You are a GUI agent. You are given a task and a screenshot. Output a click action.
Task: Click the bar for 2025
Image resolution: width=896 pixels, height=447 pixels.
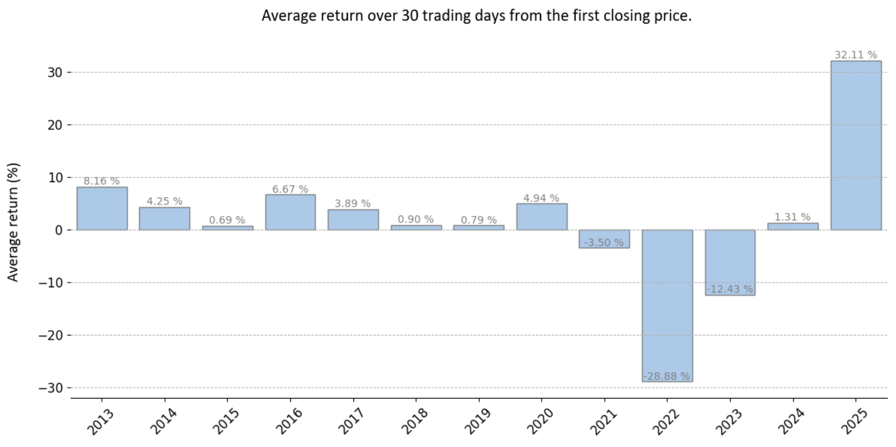click(x=856, y=146)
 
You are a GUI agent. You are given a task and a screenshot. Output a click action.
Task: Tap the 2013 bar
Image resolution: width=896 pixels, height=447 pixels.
click(x=102, y=209)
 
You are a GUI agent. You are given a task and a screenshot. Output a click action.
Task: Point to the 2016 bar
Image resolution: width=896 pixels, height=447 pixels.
click(x=290, y=212)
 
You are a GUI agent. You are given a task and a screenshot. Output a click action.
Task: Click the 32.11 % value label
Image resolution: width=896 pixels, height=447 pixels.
click(x=855, y=55)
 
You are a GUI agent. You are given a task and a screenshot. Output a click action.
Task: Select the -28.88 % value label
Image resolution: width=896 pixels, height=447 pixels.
click(x=667, y=376)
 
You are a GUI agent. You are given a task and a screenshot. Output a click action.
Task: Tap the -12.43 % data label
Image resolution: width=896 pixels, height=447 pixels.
click(x=730, y=289)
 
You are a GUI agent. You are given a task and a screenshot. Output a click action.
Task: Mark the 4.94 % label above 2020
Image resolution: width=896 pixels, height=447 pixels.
click(x=541, y=198)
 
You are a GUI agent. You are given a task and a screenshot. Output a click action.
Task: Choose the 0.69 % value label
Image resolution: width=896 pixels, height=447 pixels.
click(x=227, y=220)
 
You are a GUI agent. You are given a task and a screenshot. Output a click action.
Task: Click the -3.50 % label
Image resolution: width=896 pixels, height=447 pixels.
click(x=604, y=242)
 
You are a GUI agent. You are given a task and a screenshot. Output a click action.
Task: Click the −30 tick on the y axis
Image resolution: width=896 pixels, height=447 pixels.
click(x=50, y=388)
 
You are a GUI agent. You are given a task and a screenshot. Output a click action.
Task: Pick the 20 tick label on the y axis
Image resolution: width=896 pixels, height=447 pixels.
click(x=55, y=125)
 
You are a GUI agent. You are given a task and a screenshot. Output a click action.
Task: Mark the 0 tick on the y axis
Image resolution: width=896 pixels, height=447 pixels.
click(x=58, y=230)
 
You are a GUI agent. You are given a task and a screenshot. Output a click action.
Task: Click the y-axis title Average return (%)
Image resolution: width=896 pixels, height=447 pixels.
click(x=13, y=222)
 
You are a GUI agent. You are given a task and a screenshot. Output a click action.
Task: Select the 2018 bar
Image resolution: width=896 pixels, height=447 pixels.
click(x=416, y=228)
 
